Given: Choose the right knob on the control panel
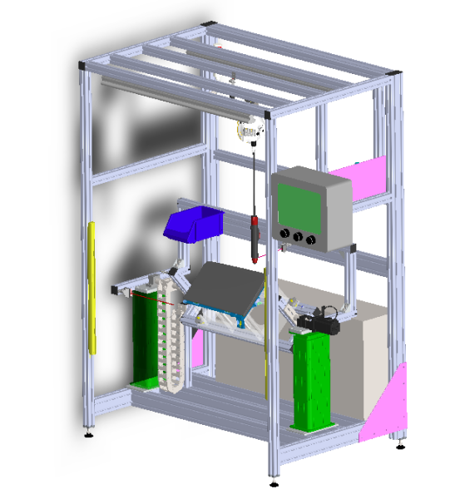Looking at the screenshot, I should pos(311,240).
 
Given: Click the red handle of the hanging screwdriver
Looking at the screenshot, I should pos(255,237).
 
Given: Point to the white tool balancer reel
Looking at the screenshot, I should pos(249,130).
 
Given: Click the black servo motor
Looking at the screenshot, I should pos(320,322).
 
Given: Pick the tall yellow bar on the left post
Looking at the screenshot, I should pos(93,287).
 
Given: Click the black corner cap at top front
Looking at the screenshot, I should pos(268,114).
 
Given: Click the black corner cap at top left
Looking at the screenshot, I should pos(82,65).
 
